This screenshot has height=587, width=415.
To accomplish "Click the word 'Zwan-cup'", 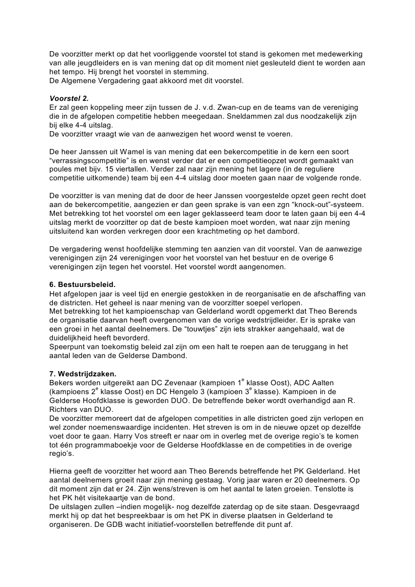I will [240, 107].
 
